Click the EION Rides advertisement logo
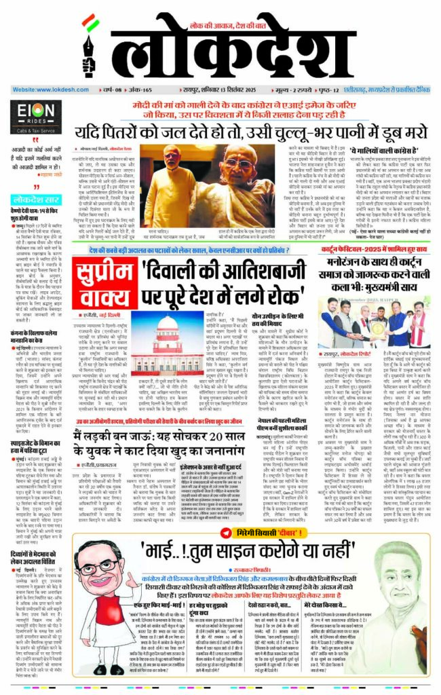click(x=33, y=113)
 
